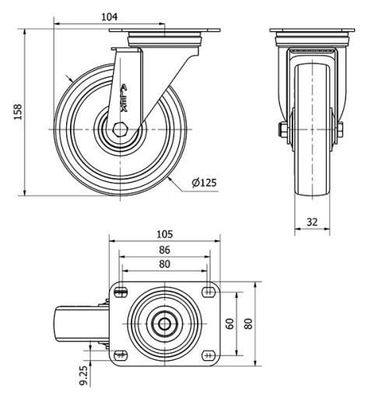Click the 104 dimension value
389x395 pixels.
(109, 17)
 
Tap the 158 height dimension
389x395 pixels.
(18, 112)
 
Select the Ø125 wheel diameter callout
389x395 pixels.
(204, 183)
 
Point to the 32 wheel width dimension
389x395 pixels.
(312, 222)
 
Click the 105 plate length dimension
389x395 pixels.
(165, 234)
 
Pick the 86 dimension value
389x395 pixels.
(165, 250)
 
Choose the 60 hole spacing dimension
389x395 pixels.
(230, 323)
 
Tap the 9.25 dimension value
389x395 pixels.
(85, 376)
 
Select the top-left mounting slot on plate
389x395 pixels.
(121, 292)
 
